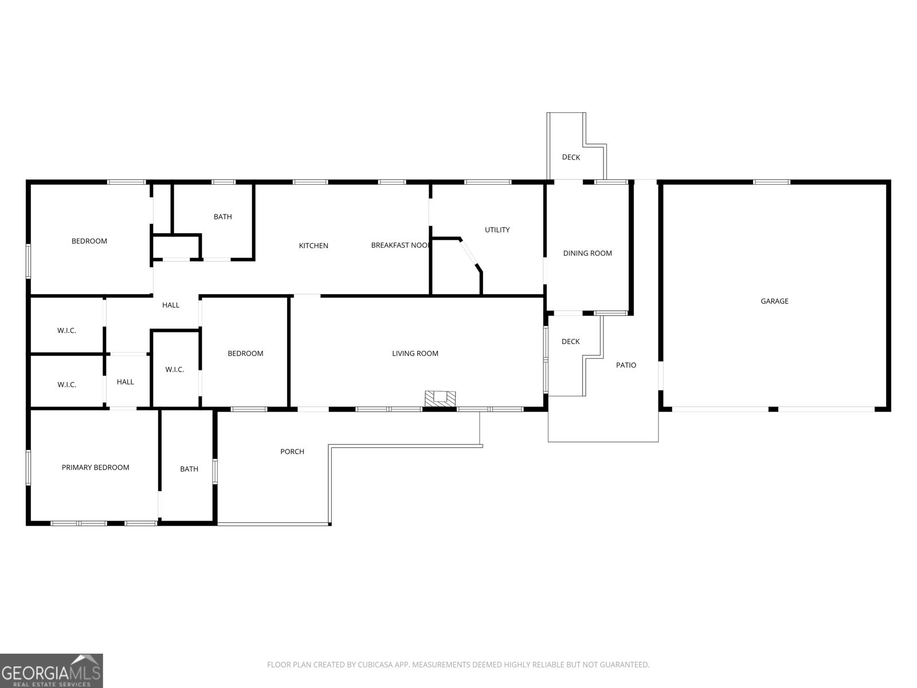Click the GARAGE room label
(x=774, y=301)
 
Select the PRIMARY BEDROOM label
(x=95, y=467)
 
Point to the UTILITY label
(x=497, y=229)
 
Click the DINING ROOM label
(x=587, y=253)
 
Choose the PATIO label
(x=626, y=365)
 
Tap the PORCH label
(x=292, y=451)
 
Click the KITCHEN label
(x=313, y=245)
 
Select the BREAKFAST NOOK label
(x=400, y=245)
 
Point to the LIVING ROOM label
(x=415, y=353)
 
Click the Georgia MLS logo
(x=52, y=670)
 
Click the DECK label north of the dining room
(x=571, y=157)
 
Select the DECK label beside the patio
(x=570, y=341)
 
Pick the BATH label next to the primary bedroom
(x=189, y=468)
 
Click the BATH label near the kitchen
(x=222, y=216)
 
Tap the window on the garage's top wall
(x=771, y=182)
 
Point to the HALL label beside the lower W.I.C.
(x=125, y=381)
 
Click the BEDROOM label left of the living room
(x=245, y=353)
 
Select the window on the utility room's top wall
(x=488, y=182)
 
